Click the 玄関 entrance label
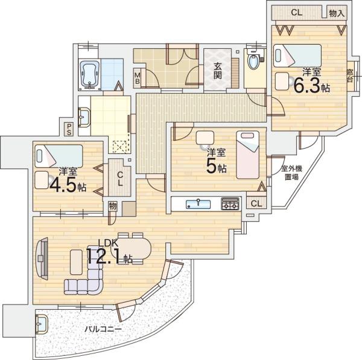click(217, 71)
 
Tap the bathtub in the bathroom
click(89, 75)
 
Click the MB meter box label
click(138, 78)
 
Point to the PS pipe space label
click(69, 129)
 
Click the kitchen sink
click(198, 204)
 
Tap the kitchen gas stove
click(230, 204)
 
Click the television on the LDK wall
click(42, 259)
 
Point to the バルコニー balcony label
click(103, 329)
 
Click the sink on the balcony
click(42, 324)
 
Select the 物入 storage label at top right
click(337, 13)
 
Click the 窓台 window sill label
click(350, 76)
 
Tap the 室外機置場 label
click(292, 173)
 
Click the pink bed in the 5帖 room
click(248, 155)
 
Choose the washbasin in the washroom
click(84, 117)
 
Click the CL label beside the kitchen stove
click(256, 204)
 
